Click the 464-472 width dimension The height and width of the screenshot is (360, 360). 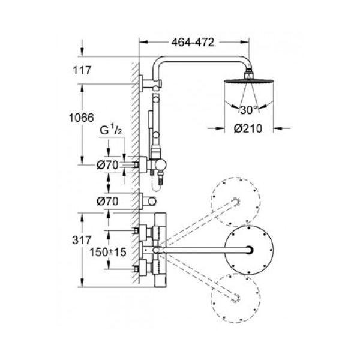[193, 43]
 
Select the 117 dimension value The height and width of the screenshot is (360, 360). [82, 70]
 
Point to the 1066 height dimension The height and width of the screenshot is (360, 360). [81, 118]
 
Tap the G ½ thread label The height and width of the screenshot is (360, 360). [110, 130]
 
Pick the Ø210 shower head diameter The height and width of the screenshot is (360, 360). [248, 128]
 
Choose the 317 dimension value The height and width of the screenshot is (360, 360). [82, 240]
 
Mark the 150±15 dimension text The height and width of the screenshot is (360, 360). [107, 252]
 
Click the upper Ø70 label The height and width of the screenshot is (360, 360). [107, 165]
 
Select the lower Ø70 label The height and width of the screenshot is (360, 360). [107, 202]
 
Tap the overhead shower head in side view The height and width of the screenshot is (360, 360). [248, 81]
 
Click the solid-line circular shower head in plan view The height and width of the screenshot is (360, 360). [248, 250]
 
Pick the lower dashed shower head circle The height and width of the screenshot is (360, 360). [236, 298]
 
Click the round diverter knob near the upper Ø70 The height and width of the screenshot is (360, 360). [160, 165]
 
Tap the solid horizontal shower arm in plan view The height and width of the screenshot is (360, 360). [205, 250]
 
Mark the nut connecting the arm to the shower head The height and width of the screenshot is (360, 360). [248, 74]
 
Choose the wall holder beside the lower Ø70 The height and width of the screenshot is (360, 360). [148, 202]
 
